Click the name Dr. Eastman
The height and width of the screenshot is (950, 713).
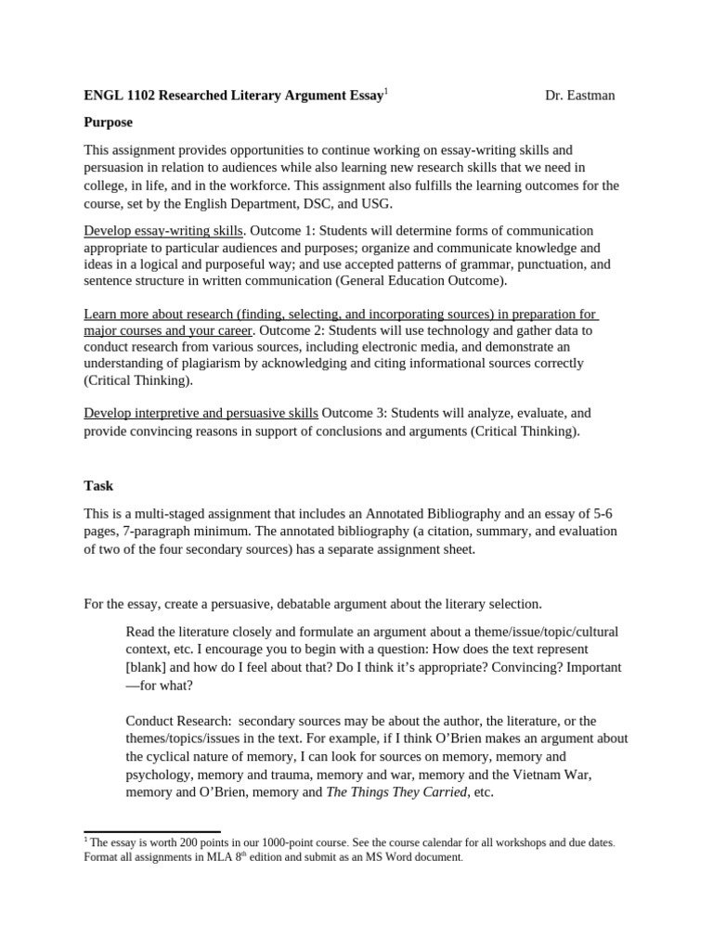(579, 95)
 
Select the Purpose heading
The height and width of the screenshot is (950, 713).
(109, 122)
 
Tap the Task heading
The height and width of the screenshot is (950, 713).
(98, 485)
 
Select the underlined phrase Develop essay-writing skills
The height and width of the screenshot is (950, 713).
(164, 230)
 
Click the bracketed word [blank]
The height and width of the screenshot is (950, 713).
(149, 667)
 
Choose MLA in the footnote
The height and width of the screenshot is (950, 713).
(205, 858)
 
